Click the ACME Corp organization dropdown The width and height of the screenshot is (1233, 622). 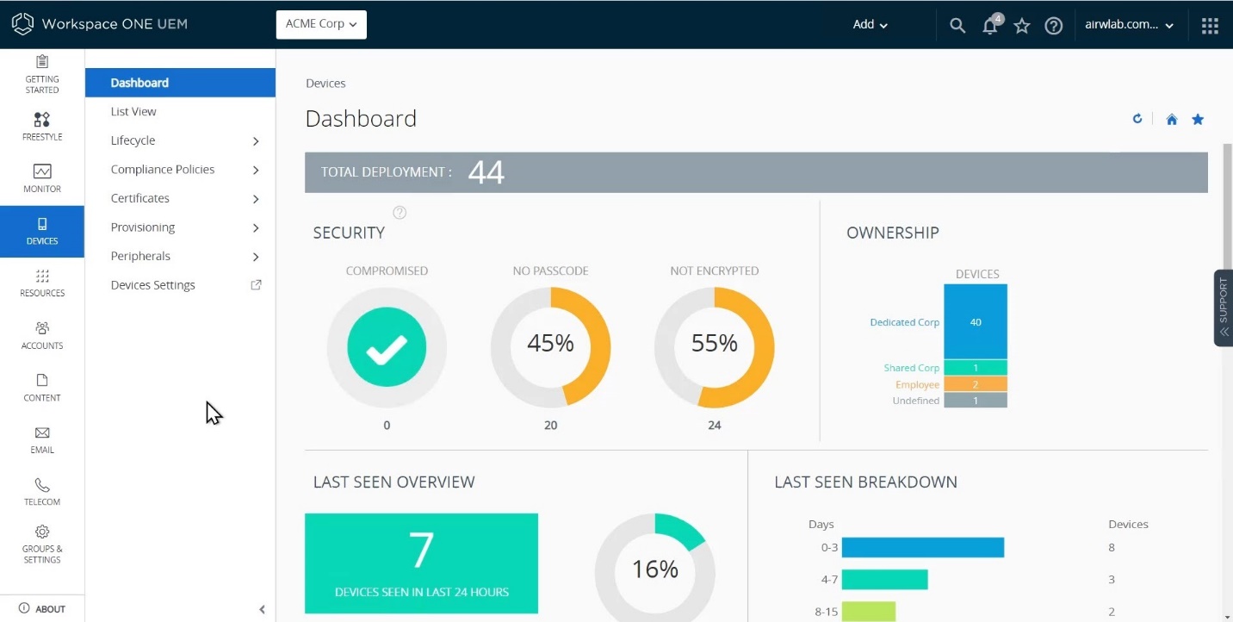point(321,24)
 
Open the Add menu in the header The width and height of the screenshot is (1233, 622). point(870,24)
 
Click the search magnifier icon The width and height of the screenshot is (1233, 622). point(957,26)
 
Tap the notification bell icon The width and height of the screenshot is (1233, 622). point(990,26)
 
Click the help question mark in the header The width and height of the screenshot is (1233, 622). point(1053,26)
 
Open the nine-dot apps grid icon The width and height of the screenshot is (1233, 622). point(1210,26)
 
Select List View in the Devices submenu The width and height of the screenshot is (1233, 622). point(133,112)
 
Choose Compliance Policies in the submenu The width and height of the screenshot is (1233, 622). point(163,170)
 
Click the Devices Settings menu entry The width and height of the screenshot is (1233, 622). point(153,285)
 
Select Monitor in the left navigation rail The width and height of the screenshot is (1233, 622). point(42,177)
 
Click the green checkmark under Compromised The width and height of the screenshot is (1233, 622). point(387,347)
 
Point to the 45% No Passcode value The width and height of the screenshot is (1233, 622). point(550,344)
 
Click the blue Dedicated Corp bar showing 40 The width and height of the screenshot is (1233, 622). point(976,321)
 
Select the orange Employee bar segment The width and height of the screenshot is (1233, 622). point(976,385)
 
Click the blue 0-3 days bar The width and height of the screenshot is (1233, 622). point(922,548)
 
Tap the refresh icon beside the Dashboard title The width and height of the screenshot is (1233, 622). point(1137,119)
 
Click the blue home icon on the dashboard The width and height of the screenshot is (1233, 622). point(1172,120)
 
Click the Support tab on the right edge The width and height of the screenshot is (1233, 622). point(1224,308)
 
